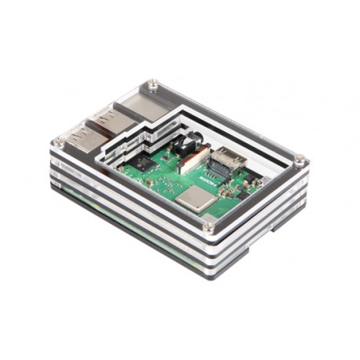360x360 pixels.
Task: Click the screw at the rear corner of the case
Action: pyautogui.click(x=153, y=83)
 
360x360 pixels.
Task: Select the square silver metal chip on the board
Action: pyautogui.click(x=193, y=199)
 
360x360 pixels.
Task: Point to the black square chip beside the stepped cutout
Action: pyautogui.click(x=143, y=163)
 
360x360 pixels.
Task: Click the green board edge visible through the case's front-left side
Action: pyautogui.click(x=86, y=202)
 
